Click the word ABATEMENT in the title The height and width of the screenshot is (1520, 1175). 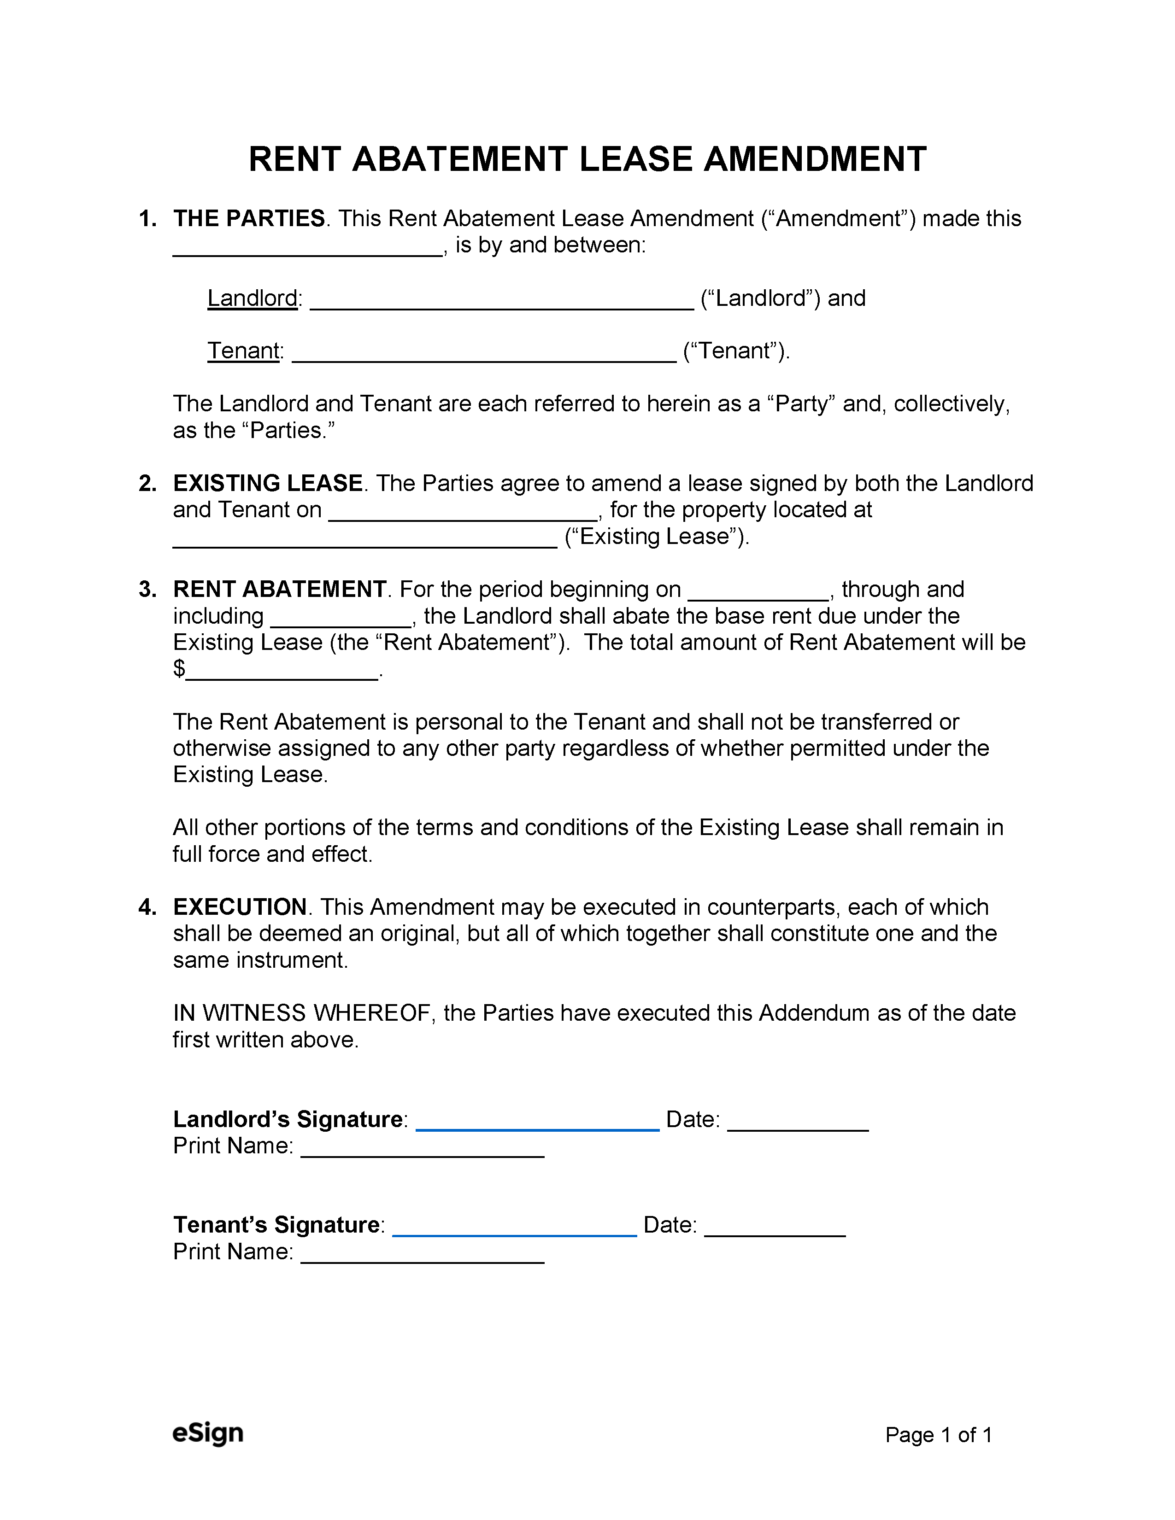[x=459, y=159]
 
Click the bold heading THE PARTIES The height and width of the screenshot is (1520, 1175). [x=248, y=218]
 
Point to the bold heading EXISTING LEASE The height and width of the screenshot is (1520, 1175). [x=267, y=483]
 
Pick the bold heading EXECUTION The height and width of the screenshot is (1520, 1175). [x=240, y=907]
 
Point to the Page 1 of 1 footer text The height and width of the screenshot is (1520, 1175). [x=938, y=1435]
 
